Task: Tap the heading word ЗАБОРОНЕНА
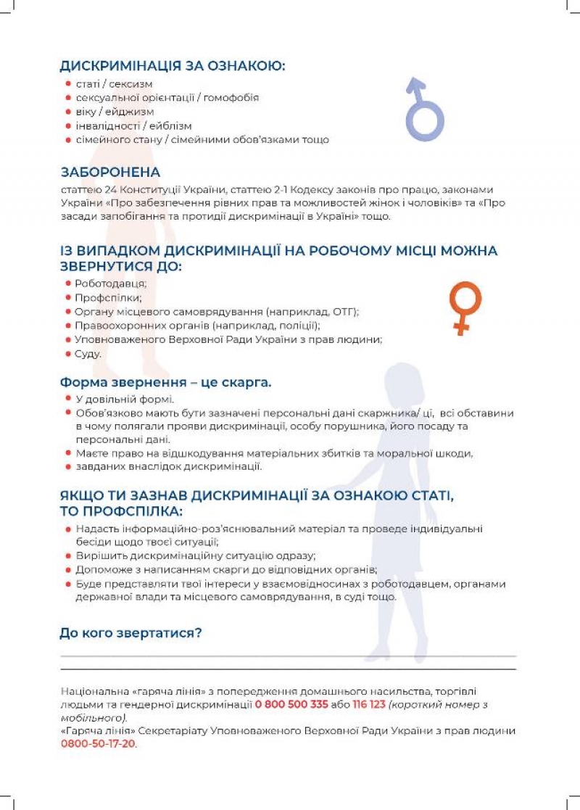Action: click(110, 173)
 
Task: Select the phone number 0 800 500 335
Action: click(291, 704)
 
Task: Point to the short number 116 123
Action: click(368, 704)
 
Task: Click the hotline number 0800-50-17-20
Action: click(98, 744)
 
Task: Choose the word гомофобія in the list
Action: click(230, 97)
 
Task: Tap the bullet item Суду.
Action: click(88, 353)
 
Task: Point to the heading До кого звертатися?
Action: click(130, 633)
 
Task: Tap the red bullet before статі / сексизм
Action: click(67, 84)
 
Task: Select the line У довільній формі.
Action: click(125, 399)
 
